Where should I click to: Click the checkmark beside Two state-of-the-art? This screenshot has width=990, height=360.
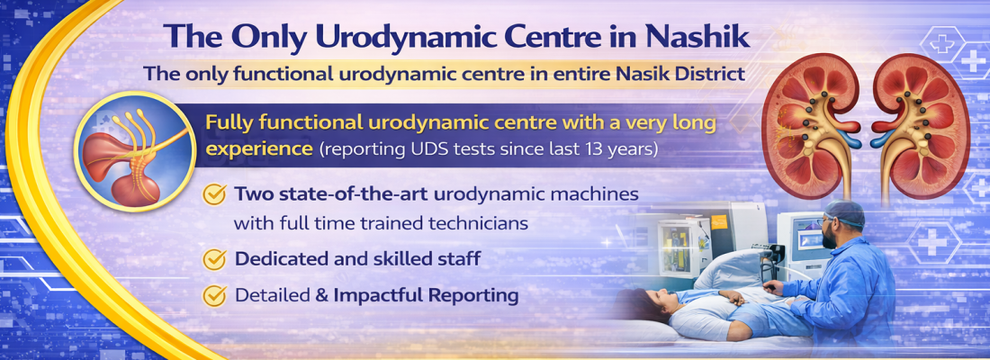pyautogui.click(x=214, y=193)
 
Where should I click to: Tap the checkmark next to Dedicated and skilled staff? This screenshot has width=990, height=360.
pyautogui.click(x=214, y=259)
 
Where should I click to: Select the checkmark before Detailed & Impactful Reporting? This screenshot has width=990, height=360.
pyautogui.click(x=214, y=294)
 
